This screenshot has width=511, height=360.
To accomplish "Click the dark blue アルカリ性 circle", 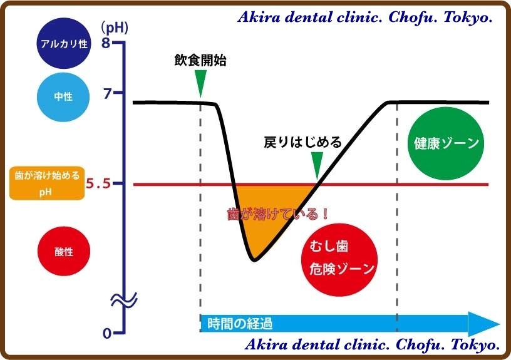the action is pyautogui.click(x=63, y=43).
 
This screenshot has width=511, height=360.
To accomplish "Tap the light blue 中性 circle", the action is pyautogui.click(x=63, y=97).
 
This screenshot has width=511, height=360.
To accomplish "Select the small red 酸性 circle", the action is pyautogui.click(x=64, y=251).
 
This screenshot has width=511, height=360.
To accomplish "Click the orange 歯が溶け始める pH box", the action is pyautogui.click(x=47, y=183).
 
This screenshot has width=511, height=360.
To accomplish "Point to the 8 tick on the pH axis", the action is pyautogui.click(x=106, y=43).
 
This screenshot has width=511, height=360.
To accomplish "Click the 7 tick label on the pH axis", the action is pyautogui.click(x=107, y=93).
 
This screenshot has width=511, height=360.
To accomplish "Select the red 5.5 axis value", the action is pyautogui.click(x=98, y=183).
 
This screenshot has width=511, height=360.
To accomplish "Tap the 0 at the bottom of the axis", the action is pyautogui.click(x=107, y=333).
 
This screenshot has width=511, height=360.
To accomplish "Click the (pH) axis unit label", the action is pyautogui.click(x=115, y=28).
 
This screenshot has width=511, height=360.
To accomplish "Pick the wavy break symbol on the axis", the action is pyautogui.click(x=124, y=300).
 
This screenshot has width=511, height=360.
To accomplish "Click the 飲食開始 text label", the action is pyautogui.click(x=200, y=60).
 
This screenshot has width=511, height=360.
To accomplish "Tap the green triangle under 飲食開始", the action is pyautogui.click(x=200, y=83).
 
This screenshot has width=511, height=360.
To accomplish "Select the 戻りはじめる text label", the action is pyautogui.click(x=302, y=142).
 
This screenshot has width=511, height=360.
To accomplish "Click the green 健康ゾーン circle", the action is pyautogui.click(x=446, y=143).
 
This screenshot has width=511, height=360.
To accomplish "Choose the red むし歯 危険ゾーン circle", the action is pyautogui.click(x=339, y=260).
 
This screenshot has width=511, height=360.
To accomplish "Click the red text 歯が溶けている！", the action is pyautogui.click(x=277, y=214).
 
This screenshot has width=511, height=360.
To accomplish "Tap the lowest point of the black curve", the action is pyautogui.click(x=254, y=260).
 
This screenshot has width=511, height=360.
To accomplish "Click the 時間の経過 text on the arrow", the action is pyautogui.click(x=239, y=324).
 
